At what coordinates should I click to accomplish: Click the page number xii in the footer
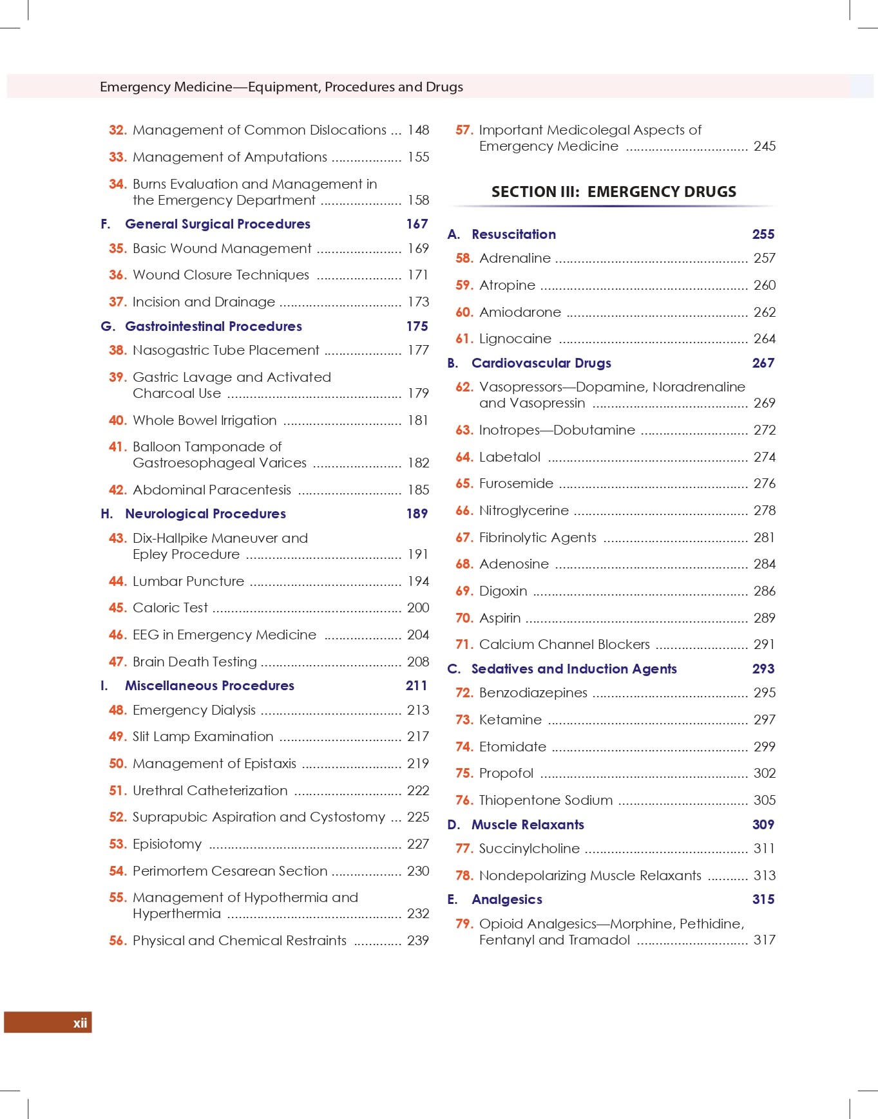(80, 1023)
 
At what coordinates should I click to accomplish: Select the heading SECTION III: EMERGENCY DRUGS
(613, 192)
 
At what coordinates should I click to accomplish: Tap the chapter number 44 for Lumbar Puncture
(117, 581)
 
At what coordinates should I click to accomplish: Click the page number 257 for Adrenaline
(764, 258)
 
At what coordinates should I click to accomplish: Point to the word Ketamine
(510, 720)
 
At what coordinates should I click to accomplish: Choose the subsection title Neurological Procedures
(205, 514)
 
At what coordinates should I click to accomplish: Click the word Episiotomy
(167, 844)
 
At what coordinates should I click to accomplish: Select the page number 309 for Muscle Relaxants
(763, 825)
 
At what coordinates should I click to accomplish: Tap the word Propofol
(506, 773)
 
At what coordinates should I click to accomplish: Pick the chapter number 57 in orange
(464, 130)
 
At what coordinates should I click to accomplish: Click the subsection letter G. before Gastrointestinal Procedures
(108, 326)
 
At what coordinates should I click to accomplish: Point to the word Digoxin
(502, 591)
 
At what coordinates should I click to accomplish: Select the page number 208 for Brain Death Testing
(418, 662)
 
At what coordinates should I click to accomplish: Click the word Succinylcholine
(529, 849)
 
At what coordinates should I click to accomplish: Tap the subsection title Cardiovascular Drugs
(541, 363)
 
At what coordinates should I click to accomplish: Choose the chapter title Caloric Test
(170, 608)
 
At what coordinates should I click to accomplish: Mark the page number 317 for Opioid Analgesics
(764, 940)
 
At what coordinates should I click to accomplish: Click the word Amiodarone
(520, 312)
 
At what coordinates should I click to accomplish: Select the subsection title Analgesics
(506, 899)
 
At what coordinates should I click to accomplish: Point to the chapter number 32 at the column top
(117, 130)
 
